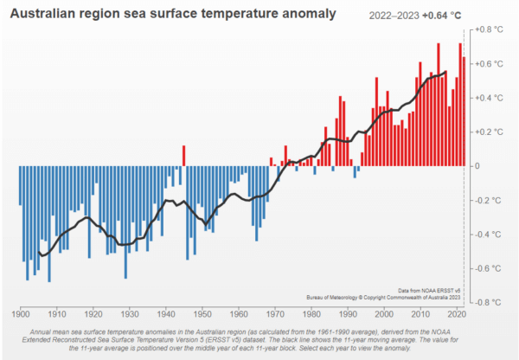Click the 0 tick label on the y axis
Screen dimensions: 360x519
[478, 165]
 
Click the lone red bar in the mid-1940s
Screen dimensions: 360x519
[183, 156]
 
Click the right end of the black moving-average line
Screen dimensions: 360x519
[446, 72]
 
